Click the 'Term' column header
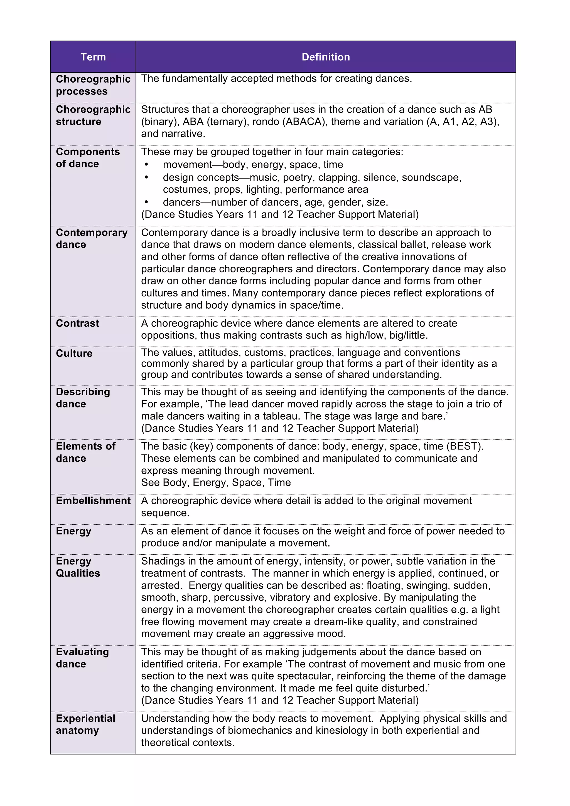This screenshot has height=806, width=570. coord(93,57)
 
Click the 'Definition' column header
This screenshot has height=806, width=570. coord(326,57)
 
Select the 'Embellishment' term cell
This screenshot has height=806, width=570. coord(93,500)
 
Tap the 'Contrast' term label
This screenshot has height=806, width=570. coord(77,323)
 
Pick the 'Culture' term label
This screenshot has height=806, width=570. coord(74,353)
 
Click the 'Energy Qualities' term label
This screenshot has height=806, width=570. coord(78,567)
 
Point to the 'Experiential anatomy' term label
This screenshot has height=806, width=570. coord(85,724)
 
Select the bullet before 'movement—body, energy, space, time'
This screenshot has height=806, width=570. coord(146,165)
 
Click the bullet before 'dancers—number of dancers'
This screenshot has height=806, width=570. coord(146,202)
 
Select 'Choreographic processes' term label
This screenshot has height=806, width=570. coord(93,85)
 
